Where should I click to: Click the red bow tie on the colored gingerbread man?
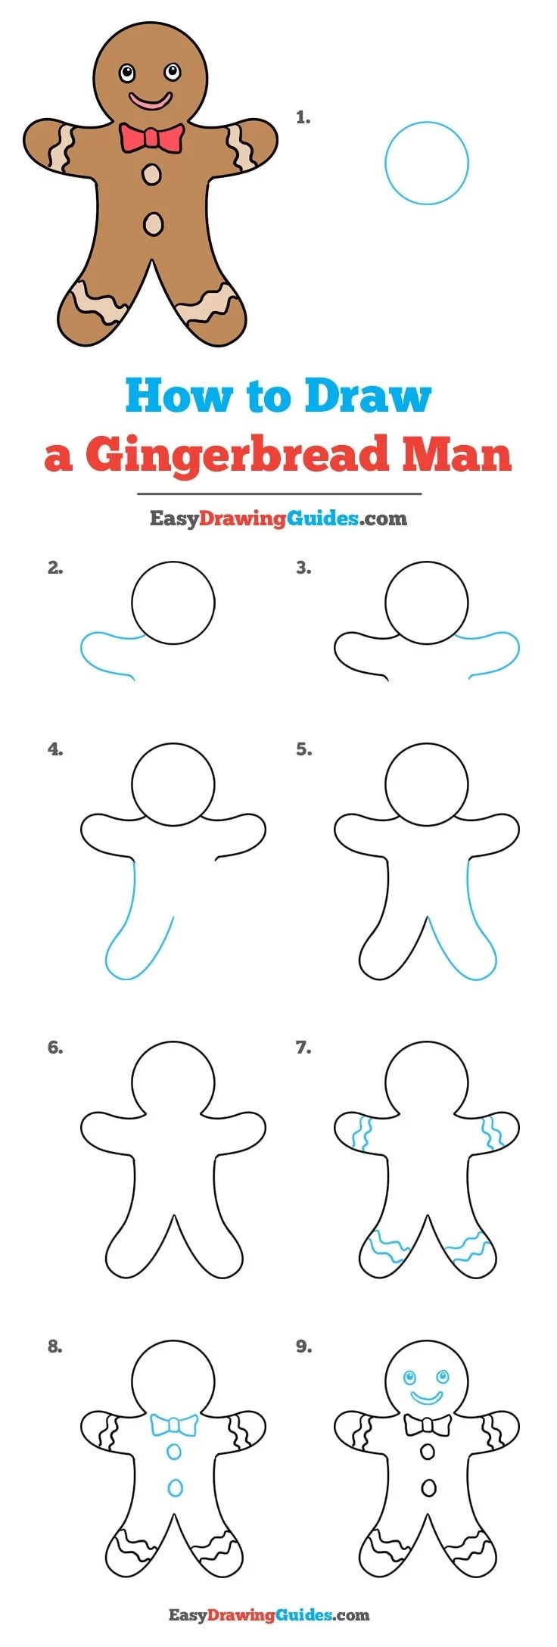click(151, 139)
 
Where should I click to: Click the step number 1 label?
click(303, 117)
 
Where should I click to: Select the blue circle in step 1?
click(385, 163)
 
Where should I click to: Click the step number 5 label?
click(303, 749)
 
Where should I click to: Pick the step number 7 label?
click(303, 1048)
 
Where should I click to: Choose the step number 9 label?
click(303, 1347)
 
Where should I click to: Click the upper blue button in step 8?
click(174, 1452)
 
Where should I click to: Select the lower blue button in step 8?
click(175, 1488)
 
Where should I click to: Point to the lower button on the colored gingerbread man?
click(153, 223)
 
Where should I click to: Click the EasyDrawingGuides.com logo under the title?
click(278, 518)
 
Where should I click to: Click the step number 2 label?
click(55, 568)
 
